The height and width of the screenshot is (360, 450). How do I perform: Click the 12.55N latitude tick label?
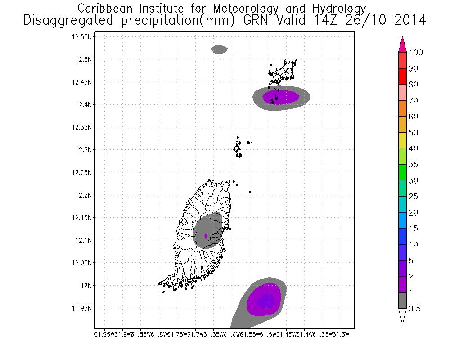(82, 37)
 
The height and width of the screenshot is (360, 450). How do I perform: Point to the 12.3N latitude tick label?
(84, 150)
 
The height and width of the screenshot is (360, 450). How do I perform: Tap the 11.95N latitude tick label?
(82, 308)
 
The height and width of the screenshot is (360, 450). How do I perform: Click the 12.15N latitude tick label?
(82, 218)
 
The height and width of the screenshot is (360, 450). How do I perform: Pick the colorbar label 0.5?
(415, 309)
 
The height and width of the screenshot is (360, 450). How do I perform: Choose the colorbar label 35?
(414, 165)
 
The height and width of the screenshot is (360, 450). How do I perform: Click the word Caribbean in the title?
(106, 9)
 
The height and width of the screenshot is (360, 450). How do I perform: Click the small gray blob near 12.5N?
(220, 49)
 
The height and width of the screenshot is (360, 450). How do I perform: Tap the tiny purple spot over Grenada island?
(206, 236)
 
